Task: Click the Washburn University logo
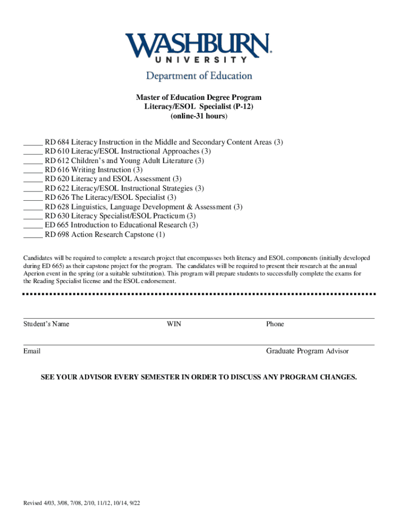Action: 198,48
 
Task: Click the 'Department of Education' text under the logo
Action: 198,76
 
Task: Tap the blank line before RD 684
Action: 33,142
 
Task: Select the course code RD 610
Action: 57,152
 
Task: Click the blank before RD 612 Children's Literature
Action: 33,161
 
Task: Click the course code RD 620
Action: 57,179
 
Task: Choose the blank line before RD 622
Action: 33,188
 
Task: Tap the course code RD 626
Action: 57,198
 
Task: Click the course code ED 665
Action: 57,225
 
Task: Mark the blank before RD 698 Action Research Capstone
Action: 33,234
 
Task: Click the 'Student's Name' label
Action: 46,324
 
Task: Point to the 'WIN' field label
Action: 174,324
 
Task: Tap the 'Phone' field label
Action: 275,324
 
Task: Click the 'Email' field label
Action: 32,351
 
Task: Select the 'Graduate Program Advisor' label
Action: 307,351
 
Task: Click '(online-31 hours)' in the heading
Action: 198,116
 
